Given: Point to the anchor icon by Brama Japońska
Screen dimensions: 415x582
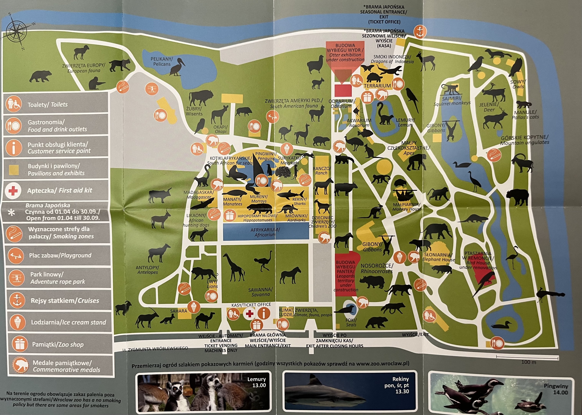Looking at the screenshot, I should (x=420, y=32).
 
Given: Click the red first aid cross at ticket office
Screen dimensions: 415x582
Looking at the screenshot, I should (x=249, y=314).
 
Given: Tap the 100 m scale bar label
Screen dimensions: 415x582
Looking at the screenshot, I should (x=528, y=362).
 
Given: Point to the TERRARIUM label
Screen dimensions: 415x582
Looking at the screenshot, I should (x=377, y=86).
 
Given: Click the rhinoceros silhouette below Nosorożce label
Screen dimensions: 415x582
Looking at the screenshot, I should (x=372, y=282).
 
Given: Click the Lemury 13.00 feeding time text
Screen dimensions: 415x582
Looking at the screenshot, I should (x=256, y=382).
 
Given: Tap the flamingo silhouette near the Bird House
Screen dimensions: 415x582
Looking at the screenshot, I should (x=513, y=257).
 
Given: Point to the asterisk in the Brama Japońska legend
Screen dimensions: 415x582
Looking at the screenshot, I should (x=12, y=212).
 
